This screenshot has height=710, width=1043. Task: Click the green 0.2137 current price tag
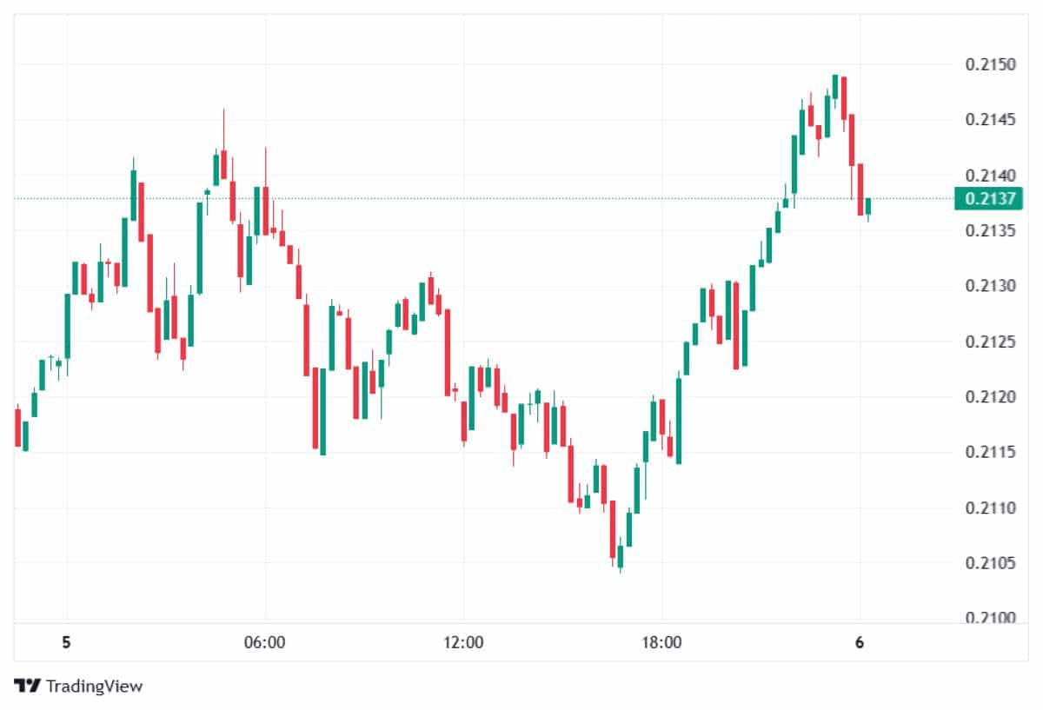tap(983, 199)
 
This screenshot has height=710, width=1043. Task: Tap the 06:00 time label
tap(265, 643)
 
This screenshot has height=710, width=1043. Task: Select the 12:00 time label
tap(463, 643)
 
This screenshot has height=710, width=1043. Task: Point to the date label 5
tap(66, 643)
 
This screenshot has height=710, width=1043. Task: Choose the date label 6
tap(860, 643)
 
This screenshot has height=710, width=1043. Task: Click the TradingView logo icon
tap(28, 686)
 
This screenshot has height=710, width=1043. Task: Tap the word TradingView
tap(94, 686)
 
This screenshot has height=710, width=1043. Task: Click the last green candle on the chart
tap(867, 207)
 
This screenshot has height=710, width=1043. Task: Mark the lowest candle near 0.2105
tap(620, 556)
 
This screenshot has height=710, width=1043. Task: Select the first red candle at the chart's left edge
tap(17, 428)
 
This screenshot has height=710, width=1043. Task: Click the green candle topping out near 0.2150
tap(834, 86)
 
